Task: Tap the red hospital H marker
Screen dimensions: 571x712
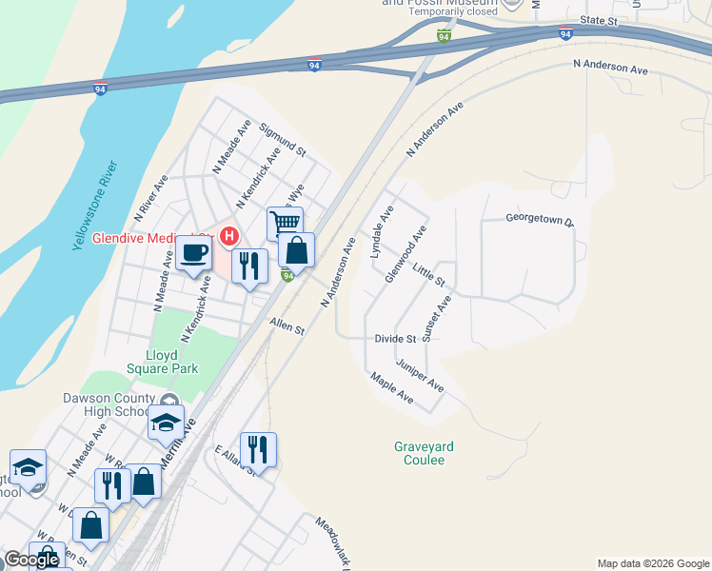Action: tap(228, 235)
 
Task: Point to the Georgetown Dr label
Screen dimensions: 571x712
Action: tap(541, 221)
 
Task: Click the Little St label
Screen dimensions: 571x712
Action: tap(430, 277)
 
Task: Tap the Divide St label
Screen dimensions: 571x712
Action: tap(396, 339)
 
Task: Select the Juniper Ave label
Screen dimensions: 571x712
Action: tap(421, 376)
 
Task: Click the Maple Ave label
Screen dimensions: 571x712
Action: tap(392, 388)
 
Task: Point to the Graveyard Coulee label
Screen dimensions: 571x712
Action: tap(420, 453)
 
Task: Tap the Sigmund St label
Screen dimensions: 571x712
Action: tap(283, 139)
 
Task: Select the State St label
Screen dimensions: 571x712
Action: tap(599, 20)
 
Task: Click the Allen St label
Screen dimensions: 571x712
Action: tap(286, 327)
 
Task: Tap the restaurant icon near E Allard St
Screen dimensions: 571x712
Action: tap(258, 449)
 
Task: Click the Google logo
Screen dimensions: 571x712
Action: tap(31, 560)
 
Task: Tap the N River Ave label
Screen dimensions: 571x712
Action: tap(151, 197)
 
